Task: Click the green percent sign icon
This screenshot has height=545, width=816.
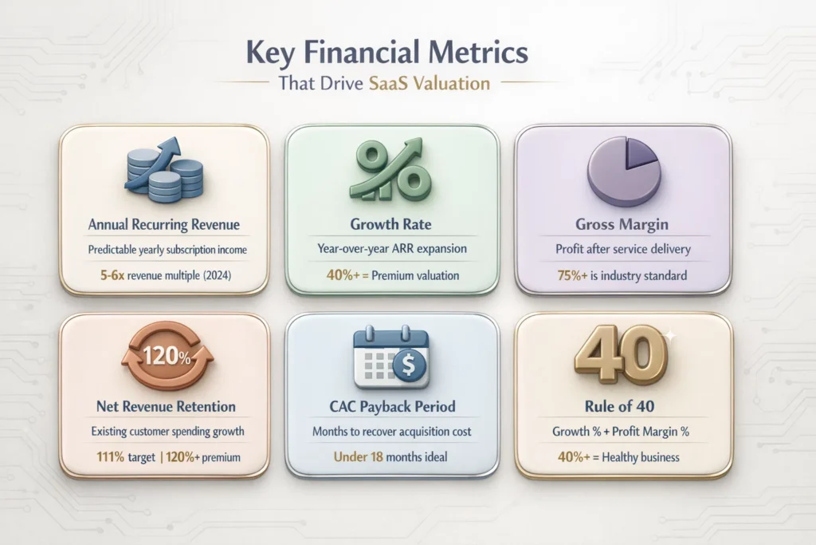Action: (x=391, y=169)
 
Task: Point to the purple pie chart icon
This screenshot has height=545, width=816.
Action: (x=624, y=169)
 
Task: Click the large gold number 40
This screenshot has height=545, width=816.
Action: (x=622, y=352)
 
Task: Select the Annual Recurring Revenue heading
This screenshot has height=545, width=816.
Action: (x=163, y=224)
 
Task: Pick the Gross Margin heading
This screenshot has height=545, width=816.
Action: (x=623, y=224)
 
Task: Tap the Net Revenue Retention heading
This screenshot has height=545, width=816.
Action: (x=164, y=406)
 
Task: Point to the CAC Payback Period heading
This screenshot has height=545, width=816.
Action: (x=392, y=406)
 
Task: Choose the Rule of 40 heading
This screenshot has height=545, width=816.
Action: (x=623, y=406)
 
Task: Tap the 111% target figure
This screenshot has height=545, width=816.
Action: (x=108, y=458)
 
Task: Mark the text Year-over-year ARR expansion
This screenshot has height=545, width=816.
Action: (x=392, y=250)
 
